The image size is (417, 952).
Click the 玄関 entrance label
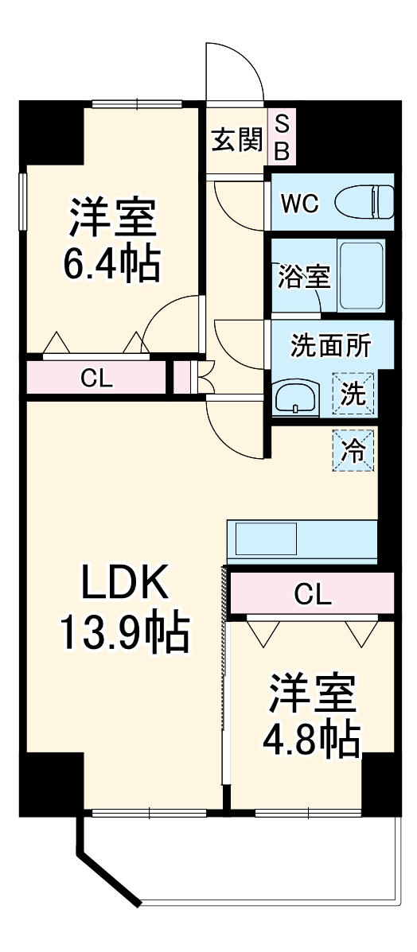click(x=236, y=141)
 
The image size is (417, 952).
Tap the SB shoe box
click(x=282, y=137)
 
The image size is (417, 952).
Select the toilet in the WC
click(x=364, y=202)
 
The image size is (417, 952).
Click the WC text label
click(x=299, y=204)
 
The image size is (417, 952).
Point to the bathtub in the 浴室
click(x=361, y=276)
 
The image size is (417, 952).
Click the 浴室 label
click(x=303, y=278)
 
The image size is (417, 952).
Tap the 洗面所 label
click(x=329, y=346)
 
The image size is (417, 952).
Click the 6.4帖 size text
click(x=111, y=264)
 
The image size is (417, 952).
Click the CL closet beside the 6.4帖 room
click(x=97, y=379)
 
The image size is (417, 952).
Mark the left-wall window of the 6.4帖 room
click(x=24, y=201)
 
